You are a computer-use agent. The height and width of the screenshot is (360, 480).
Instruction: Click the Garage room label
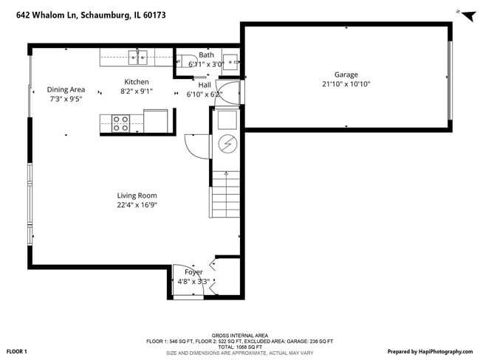[346, 75]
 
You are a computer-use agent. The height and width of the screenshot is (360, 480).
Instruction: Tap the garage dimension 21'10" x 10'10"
[346, 84]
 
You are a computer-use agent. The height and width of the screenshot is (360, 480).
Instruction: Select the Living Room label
[137, 195]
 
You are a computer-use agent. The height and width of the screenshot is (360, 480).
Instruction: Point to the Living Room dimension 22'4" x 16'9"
[137, 205]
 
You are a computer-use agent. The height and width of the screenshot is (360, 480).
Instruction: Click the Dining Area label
[66, 89]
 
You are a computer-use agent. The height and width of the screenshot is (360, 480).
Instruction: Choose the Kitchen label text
[136, 82]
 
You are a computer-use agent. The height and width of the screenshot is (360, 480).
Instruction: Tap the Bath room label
[206, 55]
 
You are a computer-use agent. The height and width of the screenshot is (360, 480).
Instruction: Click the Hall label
[205, 85]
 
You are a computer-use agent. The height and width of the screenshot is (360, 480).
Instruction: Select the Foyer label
[193, 272]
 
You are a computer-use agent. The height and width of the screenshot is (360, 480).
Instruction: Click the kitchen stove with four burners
[120, 123]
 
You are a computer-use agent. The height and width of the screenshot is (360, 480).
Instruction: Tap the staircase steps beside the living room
[226, 193]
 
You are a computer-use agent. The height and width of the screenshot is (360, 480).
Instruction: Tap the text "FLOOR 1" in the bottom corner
[17, 352]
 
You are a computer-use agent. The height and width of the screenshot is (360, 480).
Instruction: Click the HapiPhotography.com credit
[430, 352]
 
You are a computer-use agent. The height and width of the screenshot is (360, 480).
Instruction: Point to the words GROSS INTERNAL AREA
[239, 334]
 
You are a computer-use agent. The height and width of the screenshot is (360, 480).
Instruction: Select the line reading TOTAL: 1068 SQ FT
[239, 347]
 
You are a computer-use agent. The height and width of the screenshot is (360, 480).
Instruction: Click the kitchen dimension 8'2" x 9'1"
[136, 91]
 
